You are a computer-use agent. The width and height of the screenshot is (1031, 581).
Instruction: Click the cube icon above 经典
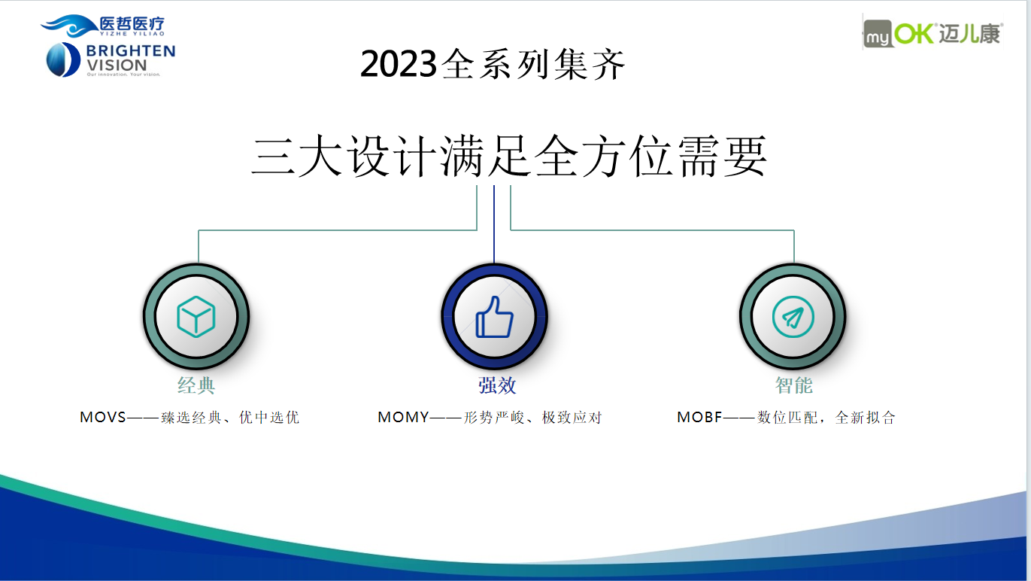tap(196, 317)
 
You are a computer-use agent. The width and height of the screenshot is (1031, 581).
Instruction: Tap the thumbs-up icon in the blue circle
tap(494, 317)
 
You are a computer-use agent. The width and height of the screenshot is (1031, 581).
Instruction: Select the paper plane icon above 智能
tap(793, 317)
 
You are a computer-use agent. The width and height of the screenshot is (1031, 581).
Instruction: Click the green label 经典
tap(196, 385)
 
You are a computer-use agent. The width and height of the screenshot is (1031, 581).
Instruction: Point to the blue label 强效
tap(497, 385)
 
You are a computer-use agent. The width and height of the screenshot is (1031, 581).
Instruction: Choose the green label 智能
tap(794, 385)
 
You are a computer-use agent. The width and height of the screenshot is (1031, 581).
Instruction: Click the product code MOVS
tap(102, 417)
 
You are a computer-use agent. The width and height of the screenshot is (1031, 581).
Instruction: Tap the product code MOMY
tap(403, 417)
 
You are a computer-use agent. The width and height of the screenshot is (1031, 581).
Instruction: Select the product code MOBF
tap(699, 417)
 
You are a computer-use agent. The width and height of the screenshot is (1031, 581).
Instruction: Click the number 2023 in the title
tap(399, 63)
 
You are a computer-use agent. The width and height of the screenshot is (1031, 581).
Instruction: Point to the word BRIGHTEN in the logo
tap(131, 50)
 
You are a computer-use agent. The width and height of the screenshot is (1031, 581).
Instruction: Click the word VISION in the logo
tap(117, 65)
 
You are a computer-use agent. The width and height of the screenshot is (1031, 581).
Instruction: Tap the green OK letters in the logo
tap(913, 33)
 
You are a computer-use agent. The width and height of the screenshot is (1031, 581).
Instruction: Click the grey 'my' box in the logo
tap(877, 34)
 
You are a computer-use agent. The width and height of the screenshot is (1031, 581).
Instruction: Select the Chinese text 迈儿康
tap(969, 34)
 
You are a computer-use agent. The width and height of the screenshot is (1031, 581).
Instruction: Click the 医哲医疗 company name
tap(132, 23)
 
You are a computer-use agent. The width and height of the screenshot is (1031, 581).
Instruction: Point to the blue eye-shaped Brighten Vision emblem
tap(63, 59)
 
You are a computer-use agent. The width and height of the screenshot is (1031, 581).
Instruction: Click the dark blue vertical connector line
tap(494, 224)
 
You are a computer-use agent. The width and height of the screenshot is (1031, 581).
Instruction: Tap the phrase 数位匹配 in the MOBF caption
tap(787, 418)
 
